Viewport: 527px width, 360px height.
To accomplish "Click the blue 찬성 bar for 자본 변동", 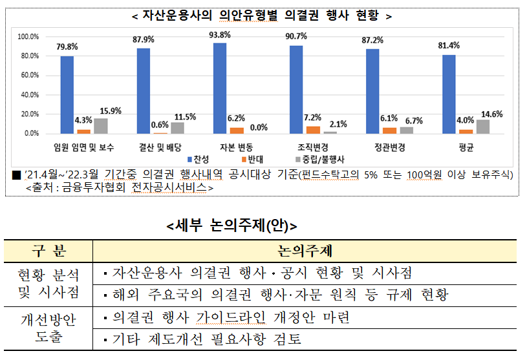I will [x=219, y=89].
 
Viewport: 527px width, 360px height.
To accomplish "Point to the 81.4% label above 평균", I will [x=449, y=45].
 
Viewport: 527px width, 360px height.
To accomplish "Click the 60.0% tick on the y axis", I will [x=28, y=76].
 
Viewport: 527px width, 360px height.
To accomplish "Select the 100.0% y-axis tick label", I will [x=28, y=37].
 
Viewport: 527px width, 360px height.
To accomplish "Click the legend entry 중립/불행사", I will [x=319, y=158].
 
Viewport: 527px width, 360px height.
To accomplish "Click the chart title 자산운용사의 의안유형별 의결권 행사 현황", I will [x=262, y=15].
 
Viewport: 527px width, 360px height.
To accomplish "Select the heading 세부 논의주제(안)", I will [x=231, y=226].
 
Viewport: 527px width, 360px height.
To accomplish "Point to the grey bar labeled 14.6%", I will [x=483, y=127].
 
